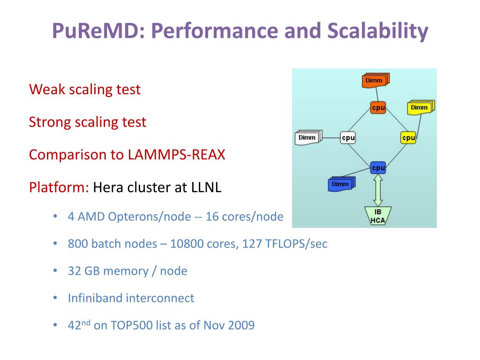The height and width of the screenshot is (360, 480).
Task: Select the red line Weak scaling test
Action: coord(85,89)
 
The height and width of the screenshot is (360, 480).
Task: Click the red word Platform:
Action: coord(59,187)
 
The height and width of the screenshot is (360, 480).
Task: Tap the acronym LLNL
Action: coord(206,187)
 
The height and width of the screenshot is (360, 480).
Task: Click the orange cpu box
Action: coord(378,107)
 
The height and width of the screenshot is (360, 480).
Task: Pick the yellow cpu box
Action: coord(408,138)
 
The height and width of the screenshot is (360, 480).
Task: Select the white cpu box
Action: coord(348,138)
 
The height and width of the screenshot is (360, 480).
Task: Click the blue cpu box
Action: coord(378,167)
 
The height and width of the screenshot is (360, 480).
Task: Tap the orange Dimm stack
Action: coord(375,81)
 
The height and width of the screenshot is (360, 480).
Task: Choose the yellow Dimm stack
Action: coord(420,107)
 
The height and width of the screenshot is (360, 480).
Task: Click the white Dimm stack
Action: coord(308,137)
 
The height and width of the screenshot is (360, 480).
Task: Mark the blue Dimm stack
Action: coord(341,184)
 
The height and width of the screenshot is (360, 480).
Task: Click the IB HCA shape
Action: coord(378,216)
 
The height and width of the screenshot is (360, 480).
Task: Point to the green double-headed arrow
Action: coord(378,190)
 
